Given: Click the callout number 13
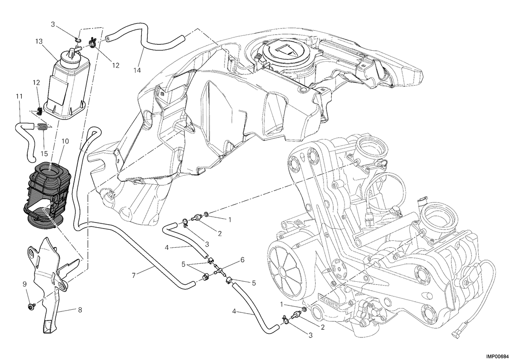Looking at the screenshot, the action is (39, 42).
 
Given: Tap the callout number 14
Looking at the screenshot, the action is (137, 70).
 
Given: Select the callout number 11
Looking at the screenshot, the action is (19, 97).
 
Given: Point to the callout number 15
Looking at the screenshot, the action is (44, 154).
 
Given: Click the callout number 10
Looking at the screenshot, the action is (65, 141).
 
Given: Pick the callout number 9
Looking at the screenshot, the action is (24, 284).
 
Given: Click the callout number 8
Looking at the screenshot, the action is (80, 310).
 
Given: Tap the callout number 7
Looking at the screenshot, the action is (133, 275).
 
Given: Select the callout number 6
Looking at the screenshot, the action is (242, 260).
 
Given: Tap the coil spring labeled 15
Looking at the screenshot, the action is (42, 127).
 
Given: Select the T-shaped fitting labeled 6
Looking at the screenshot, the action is (220, 271).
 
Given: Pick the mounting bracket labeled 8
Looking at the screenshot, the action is (51, 289).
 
